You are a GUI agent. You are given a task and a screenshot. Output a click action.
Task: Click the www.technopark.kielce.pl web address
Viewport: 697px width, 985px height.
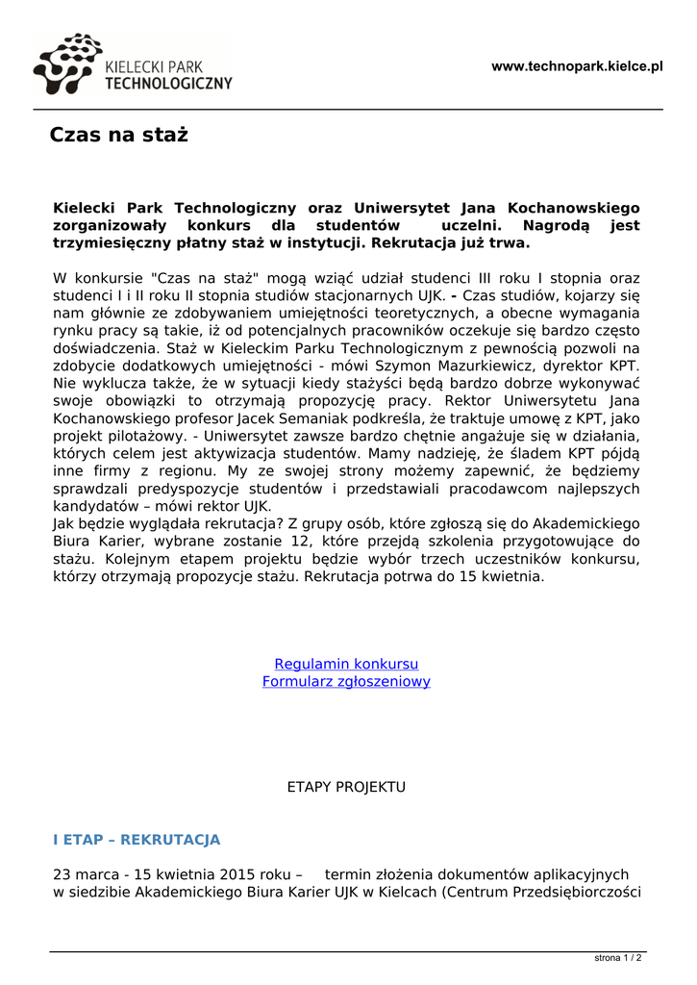pyautogui.click(x=577, y=66)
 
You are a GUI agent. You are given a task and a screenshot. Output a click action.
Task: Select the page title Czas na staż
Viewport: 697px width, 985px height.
pyautogui.click(x=118, y=135)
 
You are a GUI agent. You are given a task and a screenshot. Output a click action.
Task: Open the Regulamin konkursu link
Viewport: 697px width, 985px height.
pyautogui.click(x=346, y=664)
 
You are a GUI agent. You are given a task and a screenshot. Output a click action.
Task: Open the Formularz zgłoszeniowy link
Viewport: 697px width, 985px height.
pyautogui.click(x=346, y=681)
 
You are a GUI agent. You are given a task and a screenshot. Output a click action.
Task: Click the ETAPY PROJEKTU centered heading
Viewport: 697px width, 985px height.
pyautogui.click(x=346, y=787)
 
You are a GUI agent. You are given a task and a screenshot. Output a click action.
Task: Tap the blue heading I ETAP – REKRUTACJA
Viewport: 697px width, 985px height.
pyautogui.click(x=137, y=840)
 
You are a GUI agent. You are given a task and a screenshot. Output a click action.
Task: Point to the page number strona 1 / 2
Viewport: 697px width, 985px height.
pyautogui.click(x=618, y=958)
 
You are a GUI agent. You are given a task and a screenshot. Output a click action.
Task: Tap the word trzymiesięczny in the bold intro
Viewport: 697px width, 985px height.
pyautogui.click(x=108, y=242)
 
